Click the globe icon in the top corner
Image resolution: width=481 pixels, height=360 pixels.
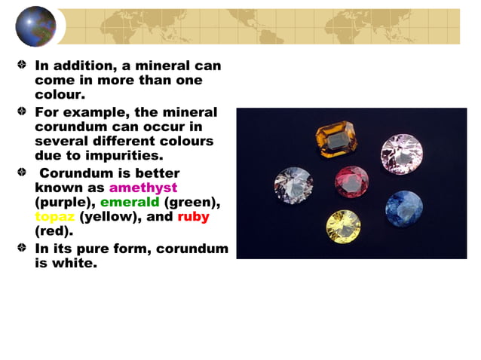coord(35,26)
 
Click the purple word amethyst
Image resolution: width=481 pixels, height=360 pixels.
coord(143,188)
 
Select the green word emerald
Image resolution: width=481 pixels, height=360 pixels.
coord(130,202)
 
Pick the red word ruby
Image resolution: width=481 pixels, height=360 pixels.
coord(193,217)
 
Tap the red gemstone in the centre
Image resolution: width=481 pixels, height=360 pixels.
coord(352,182)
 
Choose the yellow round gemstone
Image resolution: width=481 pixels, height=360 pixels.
coord(343,226)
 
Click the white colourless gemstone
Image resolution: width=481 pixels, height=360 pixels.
coord(293,185)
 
